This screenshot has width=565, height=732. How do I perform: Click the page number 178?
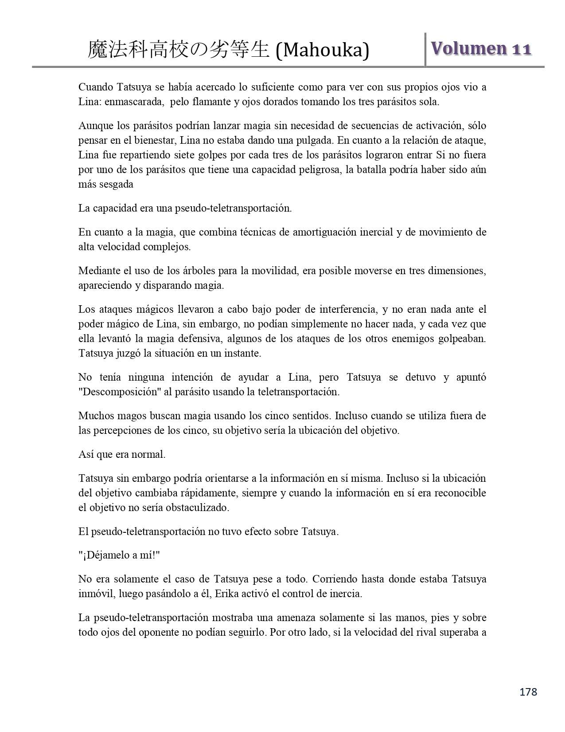(528, 692)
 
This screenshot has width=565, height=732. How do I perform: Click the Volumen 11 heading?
(481, 49)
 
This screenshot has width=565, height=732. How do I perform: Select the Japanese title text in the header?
(179, 50)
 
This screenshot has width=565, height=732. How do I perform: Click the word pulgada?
(315, 141)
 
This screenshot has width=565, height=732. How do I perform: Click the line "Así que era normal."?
(122, 454)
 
